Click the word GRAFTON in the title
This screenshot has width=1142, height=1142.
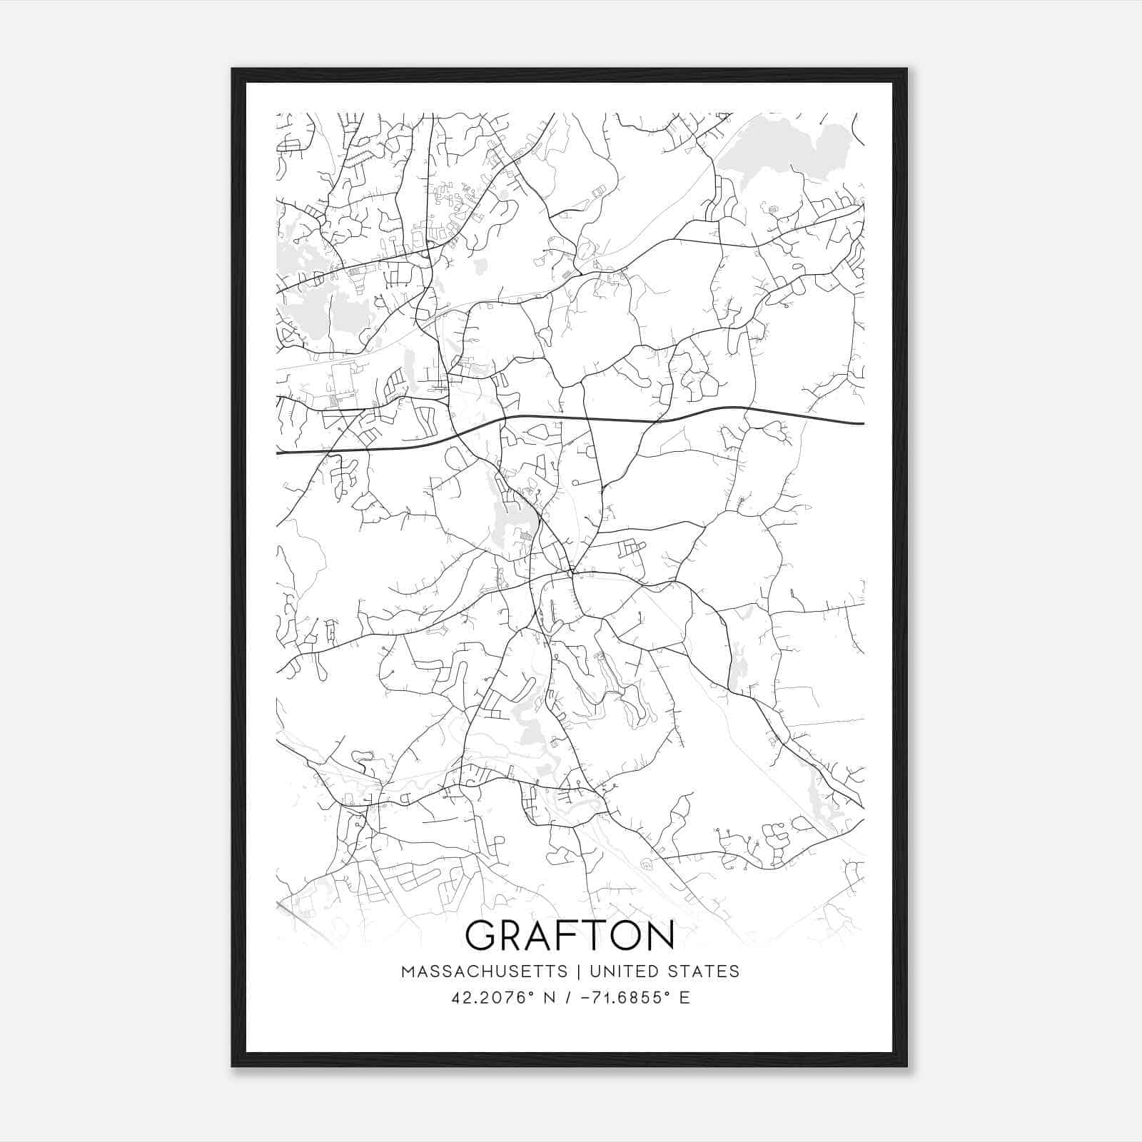tap(570, 936)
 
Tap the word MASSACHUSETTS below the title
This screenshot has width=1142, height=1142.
tap(485, 971)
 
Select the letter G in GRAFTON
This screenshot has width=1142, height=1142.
tap(482, 936)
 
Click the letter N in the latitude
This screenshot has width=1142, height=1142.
tap(550, 998)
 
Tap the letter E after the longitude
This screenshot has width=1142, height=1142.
tap(684, 998)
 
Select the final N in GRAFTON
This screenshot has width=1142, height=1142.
tap(660, 936)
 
